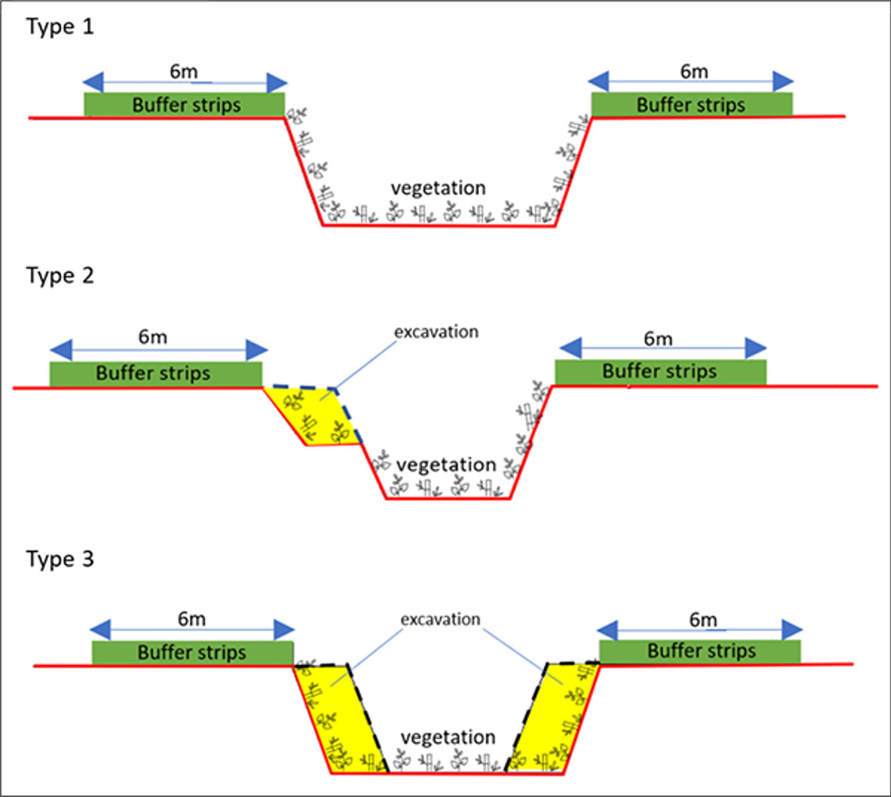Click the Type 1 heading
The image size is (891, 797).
point(59,27)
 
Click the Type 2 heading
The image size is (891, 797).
point(59,275)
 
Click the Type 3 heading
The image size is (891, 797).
point(59,559)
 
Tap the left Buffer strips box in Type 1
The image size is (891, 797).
point(185,104)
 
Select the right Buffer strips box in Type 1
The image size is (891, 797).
point(691,104)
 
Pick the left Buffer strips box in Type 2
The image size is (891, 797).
point(155,373)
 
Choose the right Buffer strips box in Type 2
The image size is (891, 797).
point(660,372)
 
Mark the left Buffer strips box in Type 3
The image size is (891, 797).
point(192,652)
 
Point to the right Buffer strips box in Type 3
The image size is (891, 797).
point(700,651)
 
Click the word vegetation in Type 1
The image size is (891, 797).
point(438,188)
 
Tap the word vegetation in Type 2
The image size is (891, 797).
point(446,465)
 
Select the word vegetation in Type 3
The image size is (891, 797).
point(448,738)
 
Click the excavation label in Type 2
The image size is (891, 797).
point(436,332)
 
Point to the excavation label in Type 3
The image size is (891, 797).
point(440,619)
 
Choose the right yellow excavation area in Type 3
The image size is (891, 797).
point(554,717)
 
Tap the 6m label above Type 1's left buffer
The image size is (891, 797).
point(184,72)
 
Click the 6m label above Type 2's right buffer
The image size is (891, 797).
point(658,339)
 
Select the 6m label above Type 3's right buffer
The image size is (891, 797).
point(703,620)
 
